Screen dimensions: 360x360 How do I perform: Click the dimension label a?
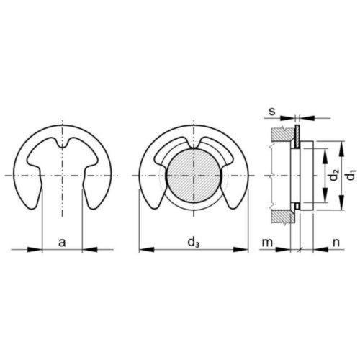62,243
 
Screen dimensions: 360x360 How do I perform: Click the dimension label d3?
194,243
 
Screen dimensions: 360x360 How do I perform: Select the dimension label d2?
334,175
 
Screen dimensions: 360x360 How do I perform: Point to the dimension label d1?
351,175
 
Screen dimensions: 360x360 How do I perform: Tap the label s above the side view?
271,112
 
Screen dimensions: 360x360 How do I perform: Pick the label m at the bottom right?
267,243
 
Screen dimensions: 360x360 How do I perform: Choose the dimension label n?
336,243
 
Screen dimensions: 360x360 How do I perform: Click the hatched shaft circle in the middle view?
194,176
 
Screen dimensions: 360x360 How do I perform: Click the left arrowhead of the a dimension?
35,250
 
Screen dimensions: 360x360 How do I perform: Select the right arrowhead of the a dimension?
90,250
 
